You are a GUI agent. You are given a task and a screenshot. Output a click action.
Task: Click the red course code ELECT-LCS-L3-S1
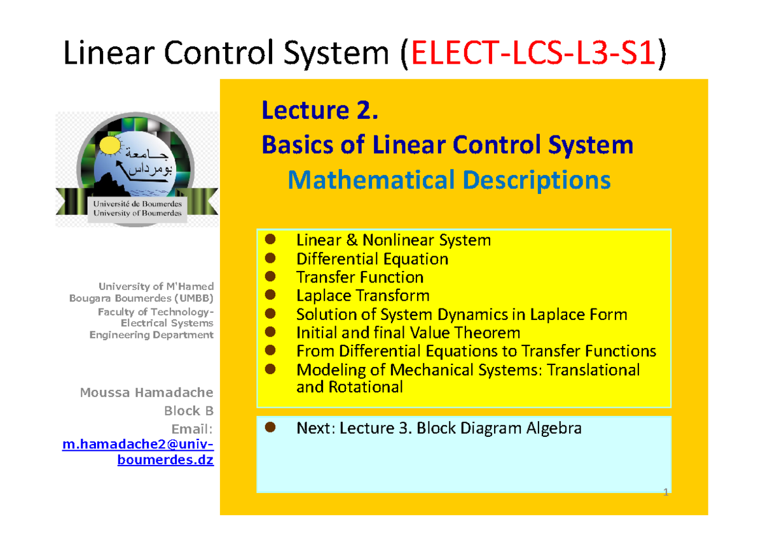533,53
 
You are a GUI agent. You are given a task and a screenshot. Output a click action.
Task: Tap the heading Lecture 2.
320,111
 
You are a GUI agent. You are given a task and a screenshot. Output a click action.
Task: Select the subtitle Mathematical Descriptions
450,180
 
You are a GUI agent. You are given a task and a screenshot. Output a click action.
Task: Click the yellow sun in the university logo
110,145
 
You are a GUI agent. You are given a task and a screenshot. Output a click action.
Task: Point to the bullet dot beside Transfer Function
270,276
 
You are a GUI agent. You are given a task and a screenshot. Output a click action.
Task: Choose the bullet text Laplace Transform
363,295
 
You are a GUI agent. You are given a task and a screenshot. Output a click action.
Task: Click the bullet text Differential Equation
373,259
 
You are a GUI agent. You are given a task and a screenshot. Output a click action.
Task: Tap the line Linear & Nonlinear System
394,240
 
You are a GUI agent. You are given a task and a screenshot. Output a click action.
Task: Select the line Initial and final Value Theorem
408,333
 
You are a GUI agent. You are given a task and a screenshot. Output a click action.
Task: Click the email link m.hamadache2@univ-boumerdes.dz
138,452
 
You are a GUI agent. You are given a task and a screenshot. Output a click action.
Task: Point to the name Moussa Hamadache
146,392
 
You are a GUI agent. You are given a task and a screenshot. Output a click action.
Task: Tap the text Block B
189,411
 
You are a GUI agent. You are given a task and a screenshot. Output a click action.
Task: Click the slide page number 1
666,492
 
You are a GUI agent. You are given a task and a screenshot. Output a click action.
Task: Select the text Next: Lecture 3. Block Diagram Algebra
439,428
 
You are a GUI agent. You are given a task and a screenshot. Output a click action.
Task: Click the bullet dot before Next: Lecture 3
270,427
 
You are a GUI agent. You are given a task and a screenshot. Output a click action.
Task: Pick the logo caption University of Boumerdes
137,213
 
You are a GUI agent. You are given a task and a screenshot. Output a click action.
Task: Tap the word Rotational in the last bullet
366,387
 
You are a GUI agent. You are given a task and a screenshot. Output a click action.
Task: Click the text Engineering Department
151,335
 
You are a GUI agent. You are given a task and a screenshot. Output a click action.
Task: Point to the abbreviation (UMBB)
194,298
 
